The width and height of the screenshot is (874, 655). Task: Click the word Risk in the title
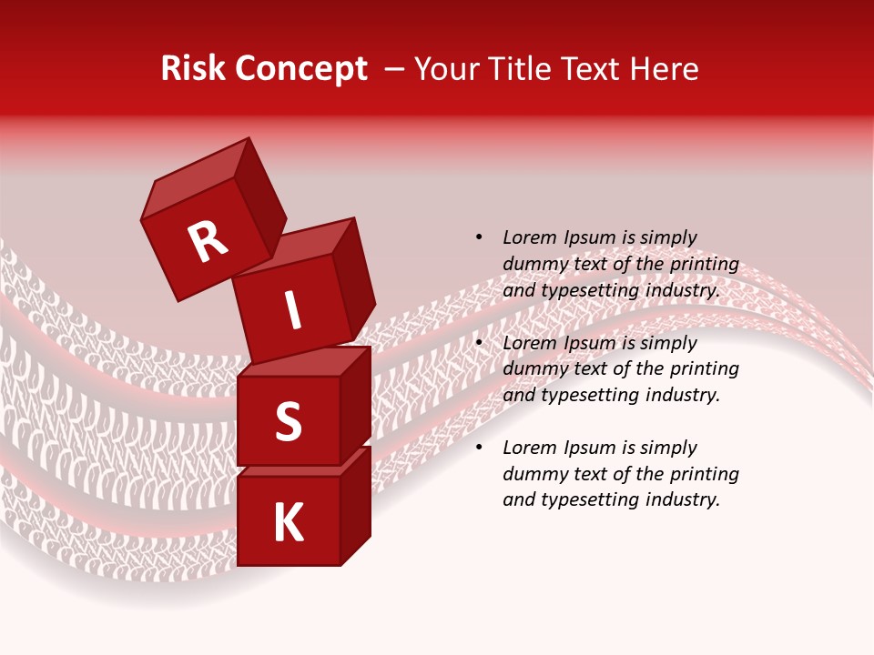[192, 69]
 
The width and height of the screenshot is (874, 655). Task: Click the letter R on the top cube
[208, 242]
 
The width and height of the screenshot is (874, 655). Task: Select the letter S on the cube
[288, 421]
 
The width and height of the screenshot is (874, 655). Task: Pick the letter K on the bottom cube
[289, 523]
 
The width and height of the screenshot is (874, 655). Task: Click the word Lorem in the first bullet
[529, 237]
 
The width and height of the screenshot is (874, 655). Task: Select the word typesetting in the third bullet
[592, 499]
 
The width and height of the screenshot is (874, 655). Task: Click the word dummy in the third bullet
[534, 474]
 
